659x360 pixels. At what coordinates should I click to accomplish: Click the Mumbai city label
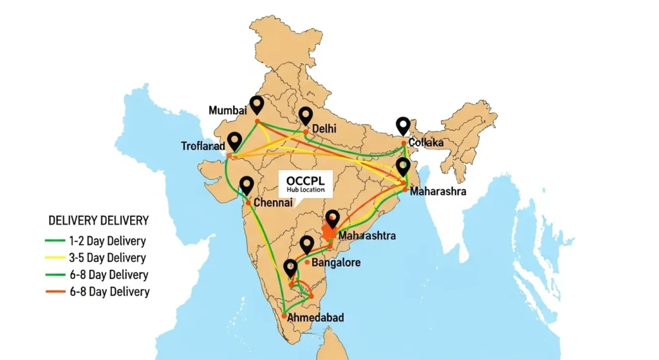pos(228,111)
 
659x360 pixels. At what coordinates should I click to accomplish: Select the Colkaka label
pos(426,142)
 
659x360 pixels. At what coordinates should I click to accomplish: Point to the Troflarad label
pos(203,147)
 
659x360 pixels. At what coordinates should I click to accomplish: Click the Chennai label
pos(274,203)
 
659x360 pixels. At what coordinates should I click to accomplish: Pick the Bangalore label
pos(336,263)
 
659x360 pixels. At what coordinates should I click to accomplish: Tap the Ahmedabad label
pos(315,317)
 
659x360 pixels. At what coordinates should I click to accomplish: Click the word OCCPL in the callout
pos(306,180)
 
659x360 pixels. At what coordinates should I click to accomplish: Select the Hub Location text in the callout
pos(306,191)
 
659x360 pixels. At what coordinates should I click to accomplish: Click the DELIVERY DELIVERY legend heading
pos(98,221)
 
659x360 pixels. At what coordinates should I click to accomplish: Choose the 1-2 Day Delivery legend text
pos(107,242)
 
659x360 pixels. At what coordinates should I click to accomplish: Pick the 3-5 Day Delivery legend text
pos(107,258)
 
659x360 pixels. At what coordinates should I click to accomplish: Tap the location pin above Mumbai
pos(258,104)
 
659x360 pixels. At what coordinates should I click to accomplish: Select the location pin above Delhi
pos(306,115)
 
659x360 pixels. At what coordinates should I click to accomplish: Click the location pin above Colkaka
pos(404,125)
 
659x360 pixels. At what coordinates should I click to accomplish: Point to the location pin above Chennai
pos(246,185)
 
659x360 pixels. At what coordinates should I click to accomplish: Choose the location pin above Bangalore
pos(307,245)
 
